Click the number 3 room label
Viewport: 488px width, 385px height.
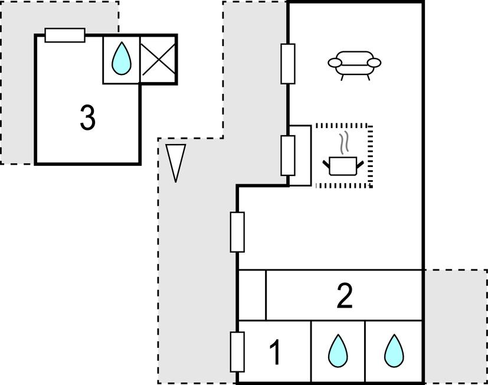[x=87, y=118]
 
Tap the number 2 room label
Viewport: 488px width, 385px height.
[x=345, y=296]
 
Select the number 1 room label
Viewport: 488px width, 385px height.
[x=275, y=353]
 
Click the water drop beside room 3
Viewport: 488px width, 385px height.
[x=122, y=60]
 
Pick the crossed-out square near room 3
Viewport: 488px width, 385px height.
[x=158, y=60]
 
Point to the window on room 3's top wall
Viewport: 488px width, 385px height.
[x=65, y=35]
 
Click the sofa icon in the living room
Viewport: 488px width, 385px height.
[x=355, y=64]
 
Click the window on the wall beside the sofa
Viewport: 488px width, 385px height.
[x=287, y=63]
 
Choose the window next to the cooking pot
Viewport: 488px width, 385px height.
[x=287, y=155]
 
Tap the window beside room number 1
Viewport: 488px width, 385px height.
[x=237, y=352]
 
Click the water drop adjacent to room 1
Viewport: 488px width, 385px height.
[x=338, y=351]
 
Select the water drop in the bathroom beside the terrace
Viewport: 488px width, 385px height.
[x=393, y=351]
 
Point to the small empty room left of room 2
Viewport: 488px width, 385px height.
[x=251, y=295]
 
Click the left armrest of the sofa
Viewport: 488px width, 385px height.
[x=335, y=63]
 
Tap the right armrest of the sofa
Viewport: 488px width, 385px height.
[x=375, y=63]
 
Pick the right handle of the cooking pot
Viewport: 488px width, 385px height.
[x=359, y=161]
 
